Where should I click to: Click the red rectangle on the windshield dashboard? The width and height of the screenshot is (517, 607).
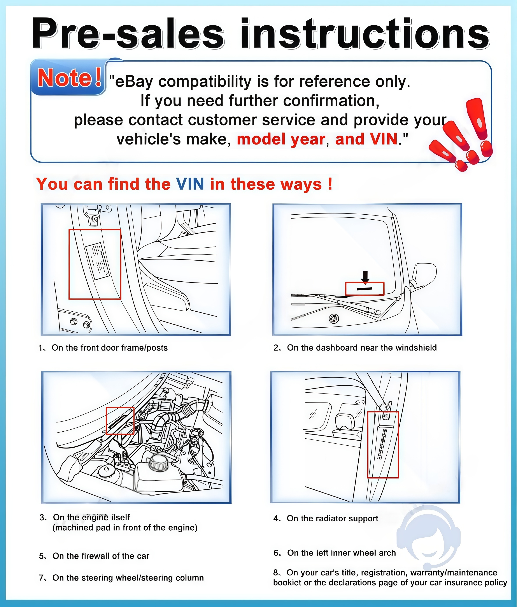tap(365, 289)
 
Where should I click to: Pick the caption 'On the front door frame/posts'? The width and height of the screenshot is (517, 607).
tap(110, 348)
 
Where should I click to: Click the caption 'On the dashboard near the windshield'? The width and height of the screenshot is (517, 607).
tap(362, 348)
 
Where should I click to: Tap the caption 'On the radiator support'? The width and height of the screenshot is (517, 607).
tap(333, 518)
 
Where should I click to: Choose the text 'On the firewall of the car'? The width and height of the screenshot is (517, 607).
tap(101, 556)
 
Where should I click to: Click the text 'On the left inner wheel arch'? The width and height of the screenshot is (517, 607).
tap(341, 552)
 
